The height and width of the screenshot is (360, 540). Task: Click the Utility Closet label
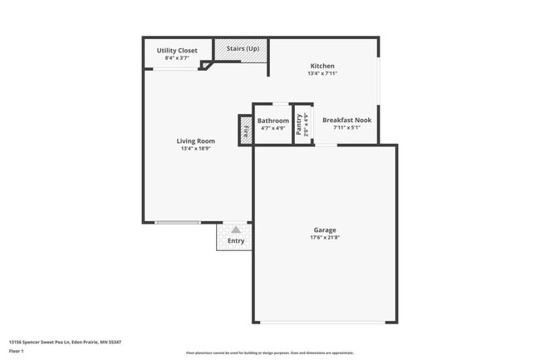pos(177,51)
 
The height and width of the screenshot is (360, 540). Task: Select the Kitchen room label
pos(322,66)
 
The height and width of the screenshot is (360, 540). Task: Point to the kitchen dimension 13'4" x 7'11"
pos(322,73)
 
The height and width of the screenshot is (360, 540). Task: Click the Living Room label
pos(196,141)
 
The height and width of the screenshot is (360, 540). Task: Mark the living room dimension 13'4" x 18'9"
pos(196,149)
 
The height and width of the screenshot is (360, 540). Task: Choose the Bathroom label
pos(273,121)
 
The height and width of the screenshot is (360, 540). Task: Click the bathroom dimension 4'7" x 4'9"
pos(273,128)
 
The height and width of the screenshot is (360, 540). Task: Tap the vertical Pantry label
pos(299,124)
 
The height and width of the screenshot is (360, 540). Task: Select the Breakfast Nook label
pos(346,120)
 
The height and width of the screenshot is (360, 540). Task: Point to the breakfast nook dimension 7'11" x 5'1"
pos(346,128)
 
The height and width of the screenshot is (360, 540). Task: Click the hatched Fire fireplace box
pos(246,131)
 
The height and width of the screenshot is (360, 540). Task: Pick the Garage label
pos(325,229)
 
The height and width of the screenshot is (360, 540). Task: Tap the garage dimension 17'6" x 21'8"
pos(325,238)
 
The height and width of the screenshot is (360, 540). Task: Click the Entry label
pos(236,241)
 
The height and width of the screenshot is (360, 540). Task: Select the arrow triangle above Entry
pos(236,229)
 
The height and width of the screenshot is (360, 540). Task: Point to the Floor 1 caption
pos(17,351)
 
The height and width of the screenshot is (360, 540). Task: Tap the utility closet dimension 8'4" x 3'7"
pos(177,59)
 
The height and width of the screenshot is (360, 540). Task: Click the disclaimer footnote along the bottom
pos(270,353)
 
